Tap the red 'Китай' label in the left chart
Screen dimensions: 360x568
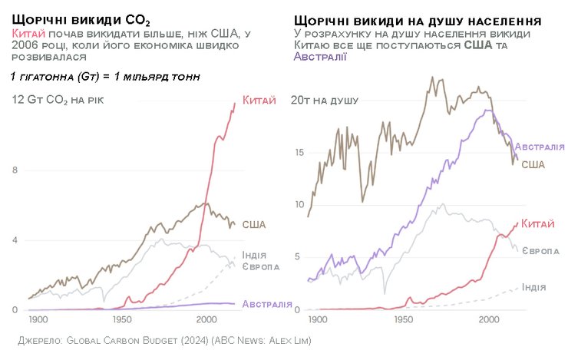(259, 100)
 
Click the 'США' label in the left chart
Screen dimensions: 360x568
(254, 224)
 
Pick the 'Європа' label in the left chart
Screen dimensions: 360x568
(260, 266)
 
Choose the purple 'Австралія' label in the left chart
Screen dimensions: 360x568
(266, 304)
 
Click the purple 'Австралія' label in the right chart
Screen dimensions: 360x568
(540, 147)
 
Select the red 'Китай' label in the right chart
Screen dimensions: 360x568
(537, 223)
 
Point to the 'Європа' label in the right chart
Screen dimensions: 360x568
(541, 251)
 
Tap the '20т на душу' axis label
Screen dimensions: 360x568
(329, 101)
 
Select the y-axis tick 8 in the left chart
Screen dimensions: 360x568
(15, 170)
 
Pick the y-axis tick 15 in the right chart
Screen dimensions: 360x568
(299, 153)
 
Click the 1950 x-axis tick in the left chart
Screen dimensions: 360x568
(122, 319)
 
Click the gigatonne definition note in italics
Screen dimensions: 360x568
(105, 77)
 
